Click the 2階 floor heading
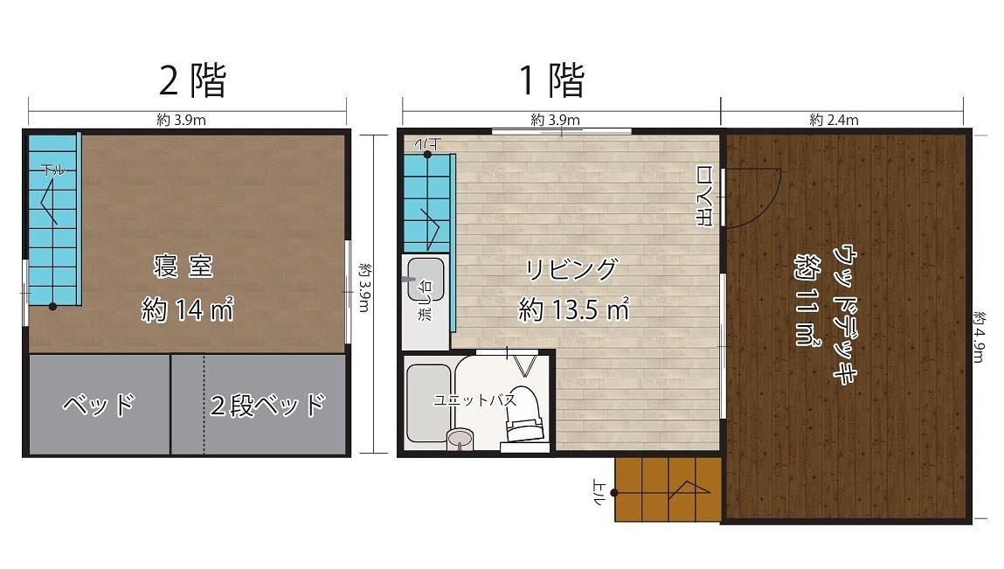192,80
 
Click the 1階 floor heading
552,80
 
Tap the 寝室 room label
183,266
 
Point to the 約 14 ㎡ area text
187,310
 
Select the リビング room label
571,269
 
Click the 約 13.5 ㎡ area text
574,309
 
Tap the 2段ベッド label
267,405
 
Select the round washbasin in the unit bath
459,439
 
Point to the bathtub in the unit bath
428,403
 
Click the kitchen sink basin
426,280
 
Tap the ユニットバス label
474,400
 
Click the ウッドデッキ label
845,314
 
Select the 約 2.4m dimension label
834,120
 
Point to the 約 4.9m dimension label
978,337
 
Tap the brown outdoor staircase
668,489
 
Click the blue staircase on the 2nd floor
53,219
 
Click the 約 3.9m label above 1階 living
555,120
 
